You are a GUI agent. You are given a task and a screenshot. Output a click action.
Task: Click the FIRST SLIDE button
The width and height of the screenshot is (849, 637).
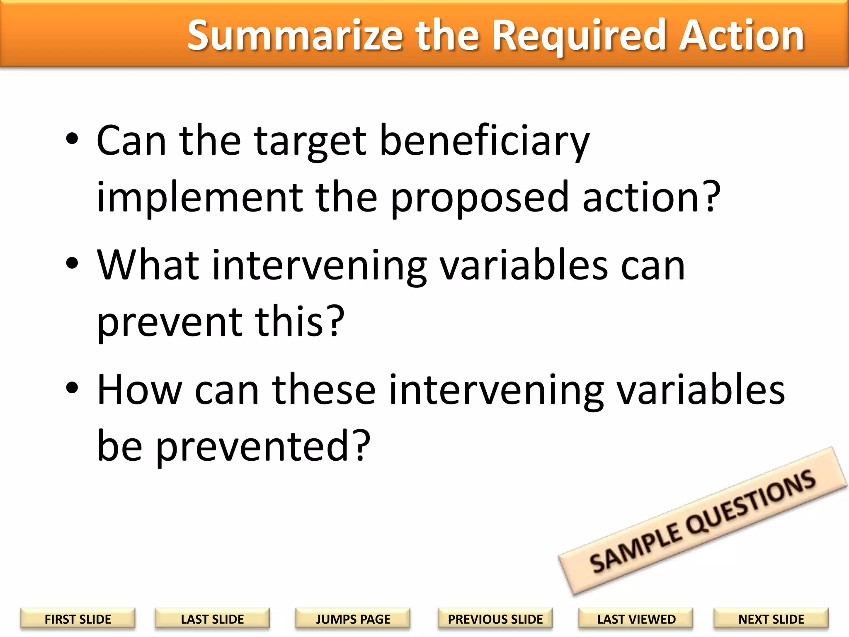[x=78, y=619]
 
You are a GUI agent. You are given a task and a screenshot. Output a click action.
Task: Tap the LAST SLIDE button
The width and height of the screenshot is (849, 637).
[x=212, y=619]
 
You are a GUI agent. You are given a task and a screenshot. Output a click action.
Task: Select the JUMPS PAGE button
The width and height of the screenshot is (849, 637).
[x=353, y=619]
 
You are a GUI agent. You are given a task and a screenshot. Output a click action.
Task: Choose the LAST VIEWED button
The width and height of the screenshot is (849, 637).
[x=636, y=619]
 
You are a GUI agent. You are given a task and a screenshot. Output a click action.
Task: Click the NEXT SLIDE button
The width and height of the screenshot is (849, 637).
[x=771, y=619]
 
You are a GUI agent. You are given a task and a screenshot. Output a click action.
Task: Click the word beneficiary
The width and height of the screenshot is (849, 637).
[x=484, y=142]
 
